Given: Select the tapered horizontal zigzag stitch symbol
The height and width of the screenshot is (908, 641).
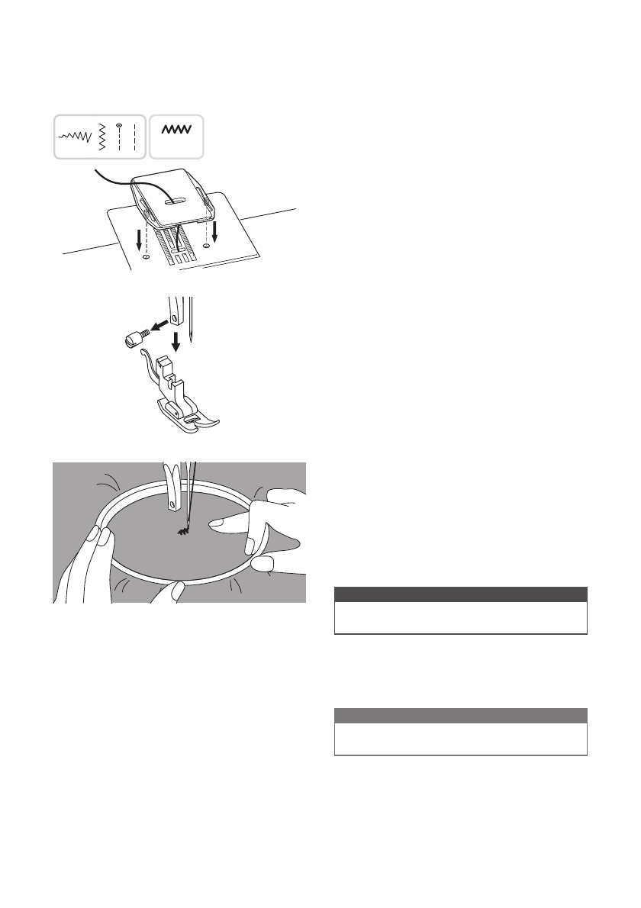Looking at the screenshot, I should pyautogui.click(x=75, y=137).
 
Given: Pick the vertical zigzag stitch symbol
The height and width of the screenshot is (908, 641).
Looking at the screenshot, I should pyautogui.click(x=101, y=137).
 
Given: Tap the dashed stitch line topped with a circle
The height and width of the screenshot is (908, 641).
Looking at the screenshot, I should pyautogui.click(x=120, y=137).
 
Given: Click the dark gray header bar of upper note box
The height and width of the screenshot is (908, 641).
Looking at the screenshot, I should pyautogui.click(x=461, y=594).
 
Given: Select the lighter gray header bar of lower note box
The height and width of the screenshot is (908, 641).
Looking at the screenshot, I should pyautogui.click(x=461, y=716).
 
